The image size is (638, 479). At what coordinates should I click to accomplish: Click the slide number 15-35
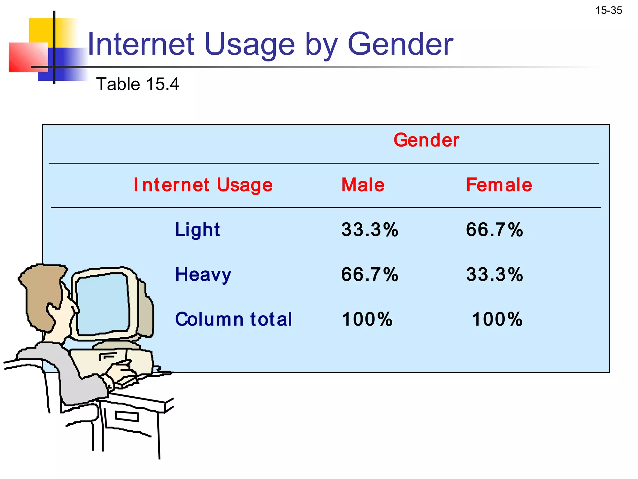[608, 11]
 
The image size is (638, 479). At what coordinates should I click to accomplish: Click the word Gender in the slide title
[400, 44]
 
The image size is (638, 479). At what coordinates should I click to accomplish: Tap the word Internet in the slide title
[141, 44]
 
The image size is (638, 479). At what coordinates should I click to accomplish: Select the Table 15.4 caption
[137, 84]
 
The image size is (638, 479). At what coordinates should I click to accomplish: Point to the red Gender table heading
[426, 140]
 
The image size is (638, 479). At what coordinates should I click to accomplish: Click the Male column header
[363, 185]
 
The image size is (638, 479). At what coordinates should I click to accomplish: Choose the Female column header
[499, 185]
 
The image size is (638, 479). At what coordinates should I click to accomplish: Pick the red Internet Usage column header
[203, 185]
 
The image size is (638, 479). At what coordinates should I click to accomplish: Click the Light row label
[197, 230]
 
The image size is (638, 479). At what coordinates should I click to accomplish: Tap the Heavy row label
[203, 275]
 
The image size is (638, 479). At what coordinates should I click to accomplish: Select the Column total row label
[234, 319]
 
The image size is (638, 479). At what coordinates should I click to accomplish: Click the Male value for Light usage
[370, 230]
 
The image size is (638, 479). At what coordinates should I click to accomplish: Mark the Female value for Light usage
[494, 230]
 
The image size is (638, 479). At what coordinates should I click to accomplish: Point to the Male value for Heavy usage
[370, 275]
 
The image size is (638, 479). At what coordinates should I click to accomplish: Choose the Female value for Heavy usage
[494, 275]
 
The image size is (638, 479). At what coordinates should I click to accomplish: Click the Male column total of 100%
[367, 319]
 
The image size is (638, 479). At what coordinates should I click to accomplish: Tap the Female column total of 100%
[497, 319]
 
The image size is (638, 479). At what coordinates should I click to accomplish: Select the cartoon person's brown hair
[40, 290]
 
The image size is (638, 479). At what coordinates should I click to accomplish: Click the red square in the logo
[26, 58]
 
